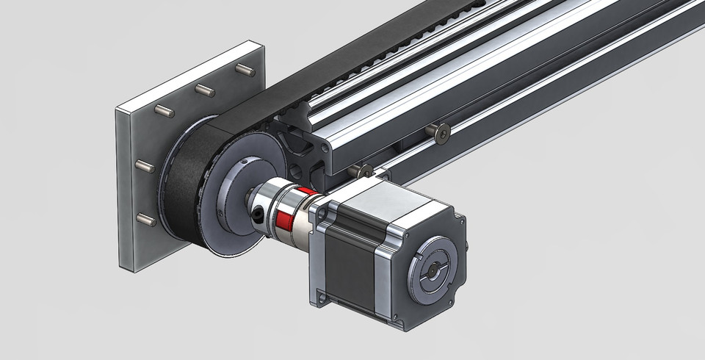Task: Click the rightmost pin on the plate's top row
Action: pos(245,71)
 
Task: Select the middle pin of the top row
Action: pos(204,90)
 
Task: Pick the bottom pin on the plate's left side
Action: pos(145,218)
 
